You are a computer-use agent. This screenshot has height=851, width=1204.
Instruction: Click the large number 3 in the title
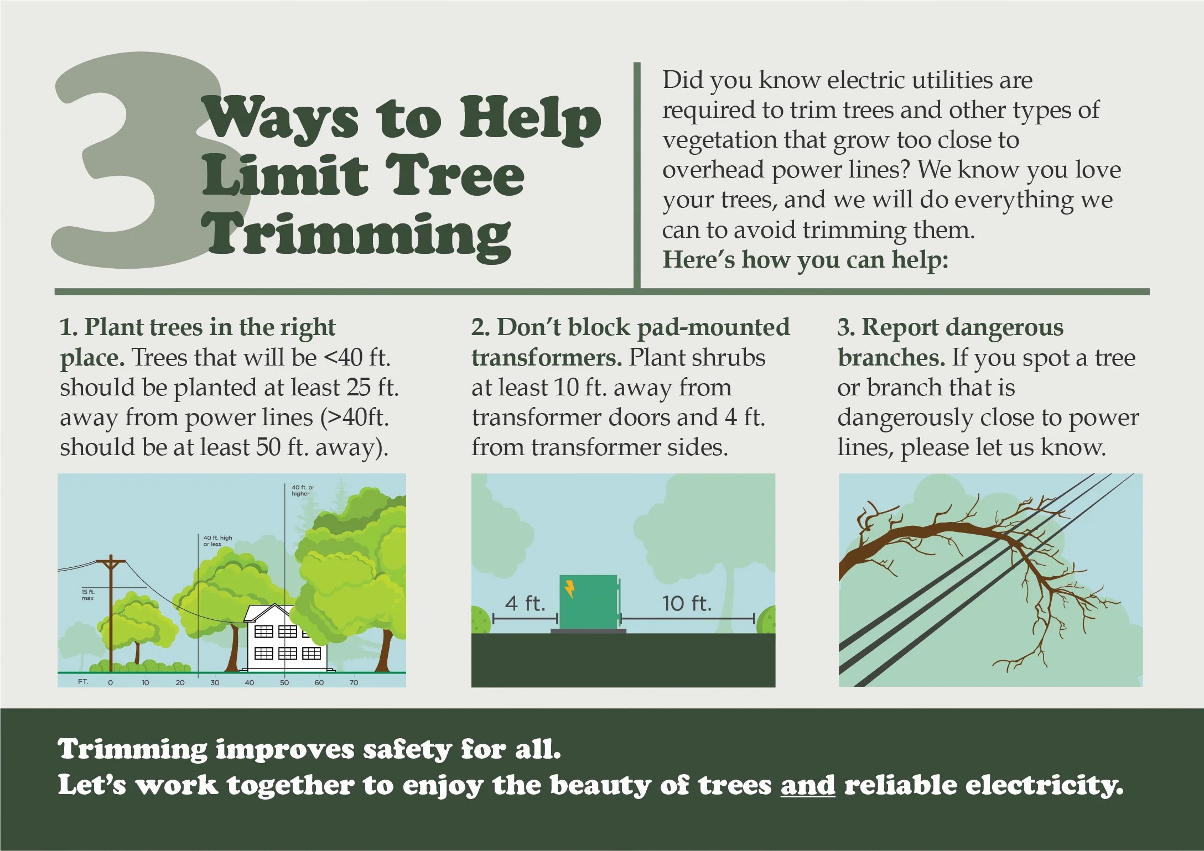[x=138, y=166]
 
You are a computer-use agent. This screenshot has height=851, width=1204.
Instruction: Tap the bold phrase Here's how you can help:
[x=805, y=259]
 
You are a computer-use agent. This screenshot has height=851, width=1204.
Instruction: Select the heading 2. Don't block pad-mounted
[x=630, y=327]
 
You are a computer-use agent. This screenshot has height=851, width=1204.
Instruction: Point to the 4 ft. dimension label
[x=525, y=603]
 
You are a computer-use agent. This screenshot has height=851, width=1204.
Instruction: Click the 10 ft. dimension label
[x=687, y=603]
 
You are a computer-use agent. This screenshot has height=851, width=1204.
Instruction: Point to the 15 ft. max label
[x=87, y=595]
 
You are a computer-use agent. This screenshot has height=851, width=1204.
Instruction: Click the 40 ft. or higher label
[x=303, y=490]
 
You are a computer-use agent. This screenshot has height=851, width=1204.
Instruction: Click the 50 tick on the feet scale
[x=284, y=682]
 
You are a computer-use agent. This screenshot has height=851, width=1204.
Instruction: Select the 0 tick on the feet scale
[x=110, y=682]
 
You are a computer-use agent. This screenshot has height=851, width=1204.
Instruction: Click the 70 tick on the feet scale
[x=354, y=682]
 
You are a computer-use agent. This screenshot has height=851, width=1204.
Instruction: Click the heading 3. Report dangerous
[x=950, y=327]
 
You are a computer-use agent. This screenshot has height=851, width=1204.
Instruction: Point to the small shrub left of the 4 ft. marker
[x=480, y=620]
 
